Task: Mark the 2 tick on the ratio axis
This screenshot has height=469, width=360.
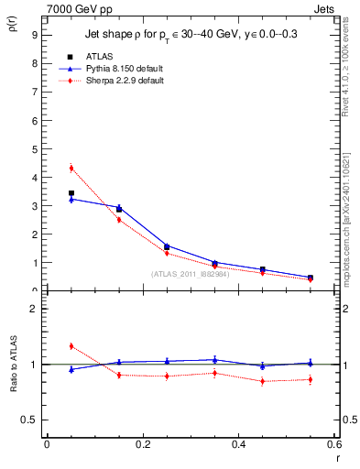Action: click(x=33, y=309)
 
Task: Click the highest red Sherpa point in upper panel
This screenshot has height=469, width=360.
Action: click(x=71, y=168)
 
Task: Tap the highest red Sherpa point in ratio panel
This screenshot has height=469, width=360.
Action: click(x=71, y=345)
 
